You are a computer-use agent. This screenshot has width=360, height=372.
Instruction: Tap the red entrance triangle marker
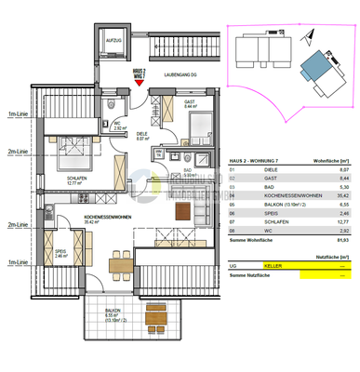(x=140, y=82)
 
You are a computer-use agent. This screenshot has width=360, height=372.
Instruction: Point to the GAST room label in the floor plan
(x=190, y=103)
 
